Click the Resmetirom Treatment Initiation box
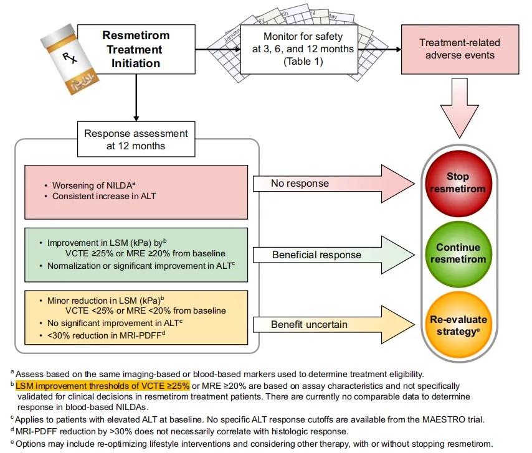pos(136,49)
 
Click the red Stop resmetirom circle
pos(458,183)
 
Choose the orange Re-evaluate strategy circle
pos(458,325)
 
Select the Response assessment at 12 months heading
pos(135,139)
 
